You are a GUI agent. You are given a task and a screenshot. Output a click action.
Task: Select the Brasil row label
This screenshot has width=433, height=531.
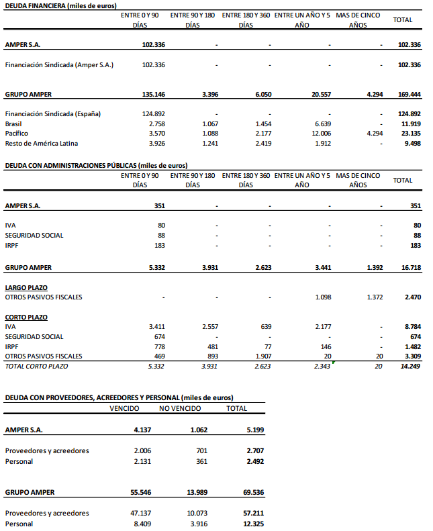coord(13,124)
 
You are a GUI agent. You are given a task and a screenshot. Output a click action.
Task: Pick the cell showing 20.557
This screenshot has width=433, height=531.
coord(321,95)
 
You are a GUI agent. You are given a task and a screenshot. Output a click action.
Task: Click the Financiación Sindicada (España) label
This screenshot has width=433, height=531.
coord(52,114)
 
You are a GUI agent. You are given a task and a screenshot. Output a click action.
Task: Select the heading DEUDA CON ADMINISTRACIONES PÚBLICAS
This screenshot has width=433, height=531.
coord(96,165)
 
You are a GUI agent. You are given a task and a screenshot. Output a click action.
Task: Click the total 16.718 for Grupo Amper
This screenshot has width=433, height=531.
coord(410,267)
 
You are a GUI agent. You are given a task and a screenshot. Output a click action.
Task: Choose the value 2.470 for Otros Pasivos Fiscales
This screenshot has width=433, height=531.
coord(410,296)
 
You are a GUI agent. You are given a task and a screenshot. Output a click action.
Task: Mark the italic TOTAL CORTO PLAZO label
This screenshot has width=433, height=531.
coord(36,366)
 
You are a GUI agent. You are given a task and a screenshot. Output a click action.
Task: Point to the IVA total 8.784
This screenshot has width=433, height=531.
coord(410,327)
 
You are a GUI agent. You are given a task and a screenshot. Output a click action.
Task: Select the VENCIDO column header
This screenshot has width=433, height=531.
coord(124,408)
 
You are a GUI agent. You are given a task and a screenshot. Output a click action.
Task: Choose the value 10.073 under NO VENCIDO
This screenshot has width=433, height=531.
coord(196,514)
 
